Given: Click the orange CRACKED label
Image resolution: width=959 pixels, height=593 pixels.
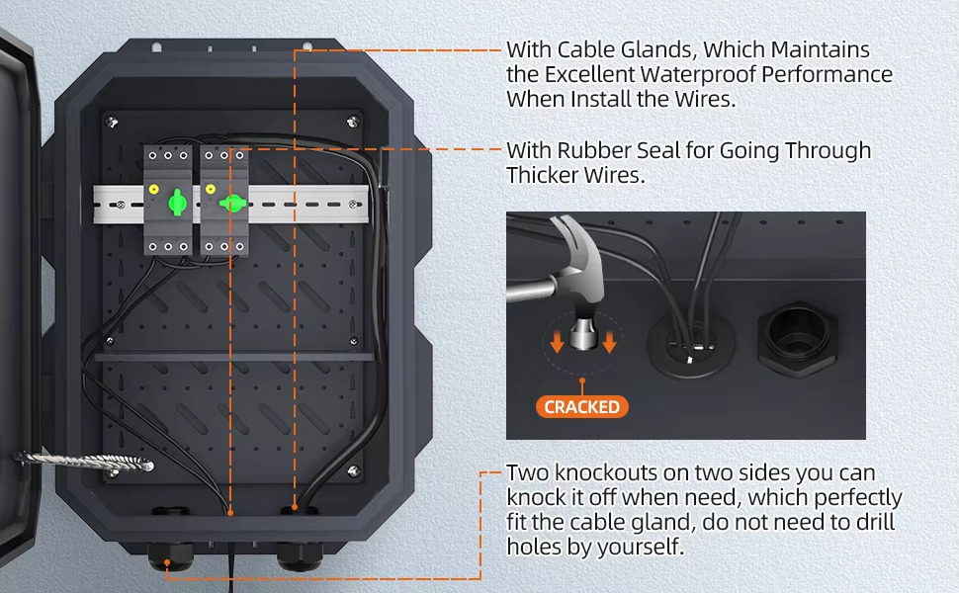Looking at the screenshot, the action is [x=581, y=407].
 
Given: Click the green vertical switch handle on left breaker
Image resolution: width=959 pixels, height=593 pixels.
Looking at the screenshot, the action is [x=177, y=202].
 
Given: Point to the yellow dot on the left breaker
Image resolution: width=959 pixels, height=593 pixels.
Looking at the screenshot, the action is [x=153, y=190].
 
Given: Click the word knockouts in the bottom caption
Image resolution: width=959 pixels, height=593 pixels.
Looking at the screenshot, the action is [x=613, y=473].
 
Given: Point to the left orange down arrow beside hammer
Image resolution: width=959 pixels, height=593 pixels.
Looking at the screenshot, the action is [x=556, y=342].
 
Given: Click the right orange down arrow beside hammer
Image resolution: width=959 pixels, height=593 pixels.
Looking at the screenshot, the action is [x=609, y=342].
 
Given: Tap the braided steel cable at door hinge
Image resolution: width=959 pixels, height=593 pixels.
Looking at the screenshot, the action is [x=84, y=461].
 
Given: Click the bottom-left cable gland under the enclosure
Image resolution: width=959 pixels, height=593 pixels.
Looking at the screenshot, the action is [x=171, y=554].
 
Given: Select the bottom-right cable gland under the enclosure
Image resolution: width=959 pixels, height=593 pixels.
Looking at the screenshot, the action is [x=300, y=554].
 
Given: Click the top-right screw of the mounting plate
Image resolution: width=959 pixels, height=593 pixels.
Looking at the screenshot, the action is [x=353, y=122].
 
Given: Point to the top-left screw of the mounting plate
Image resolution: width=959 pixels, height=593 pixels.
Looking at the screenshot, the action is [x=112, y=123].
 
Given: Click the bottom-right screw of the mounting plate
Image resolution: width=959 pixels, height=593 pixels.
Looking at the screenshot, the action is [x=353, y=470].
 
